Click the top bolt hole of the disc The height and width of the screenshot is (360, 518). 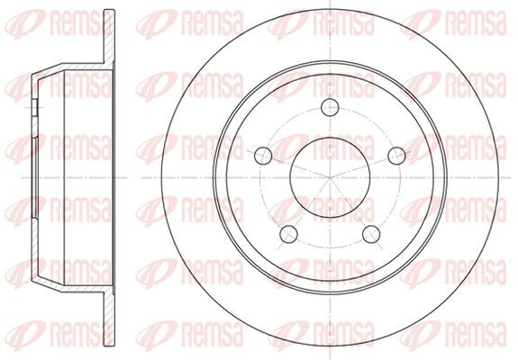[330, 107]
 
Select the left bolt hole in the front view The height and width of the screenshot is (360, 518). [263, 156]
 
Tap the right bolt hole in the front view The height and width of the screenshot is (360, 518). [396, 156]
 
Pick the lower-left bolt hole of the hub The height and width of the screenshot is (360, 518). [288, 234]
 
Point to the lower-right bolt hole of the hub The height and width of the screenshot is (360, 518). [371, 234]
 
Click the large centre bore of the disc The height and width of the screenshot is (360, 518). [330, 177]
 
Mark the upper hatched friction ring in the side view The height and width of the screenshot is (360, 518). [109, 37]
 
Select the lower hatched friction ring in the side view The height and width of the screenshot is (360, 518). [109, 319]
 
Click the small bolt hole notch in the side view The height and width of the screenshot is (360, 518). [35, 107]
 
